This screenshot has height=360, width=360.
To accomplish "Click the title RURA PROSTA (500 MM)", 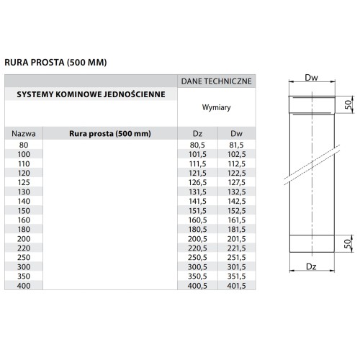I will coord(55,63).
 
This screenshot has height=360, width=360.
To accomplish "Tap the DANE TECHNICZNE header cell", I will coord(215,81).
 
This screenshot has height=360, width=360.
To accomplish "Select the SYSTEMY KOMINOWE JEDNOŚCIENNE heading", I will coord(91,95).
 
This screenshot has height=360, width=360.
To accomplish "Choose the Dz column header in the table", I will coord(197,133).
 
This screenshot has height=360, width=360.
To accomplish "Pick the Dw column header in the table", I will coord(235,133).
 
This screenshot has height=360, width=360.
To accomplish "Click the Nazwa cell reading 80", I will coord(24,145).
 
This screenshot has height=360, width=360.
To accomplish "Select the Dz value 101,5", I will coord(197,154).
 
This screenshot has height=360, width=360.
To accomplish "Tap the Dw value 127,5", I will coord(235,192).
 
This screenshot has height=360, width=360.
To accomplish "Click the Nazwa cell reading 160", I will coord(24,220).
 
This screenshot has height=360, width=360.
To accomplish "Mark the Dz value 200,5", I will coord(197,238).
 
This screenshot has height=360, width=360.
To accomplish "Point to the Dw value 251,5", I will coord(235,257).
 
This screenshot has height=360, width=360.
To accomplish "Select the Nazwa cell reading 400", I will coord(24,285).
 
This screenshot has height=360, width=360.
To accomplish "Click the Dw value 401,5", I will coord(235,285).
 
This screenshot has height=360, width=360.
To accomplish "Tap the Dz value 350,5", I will coord(197,276).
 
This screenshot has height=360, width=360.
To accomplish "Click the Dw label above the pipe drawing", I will coord(311,77).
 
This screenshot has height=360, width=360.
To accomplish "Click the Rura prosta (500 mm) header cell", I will coord(109,133).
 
